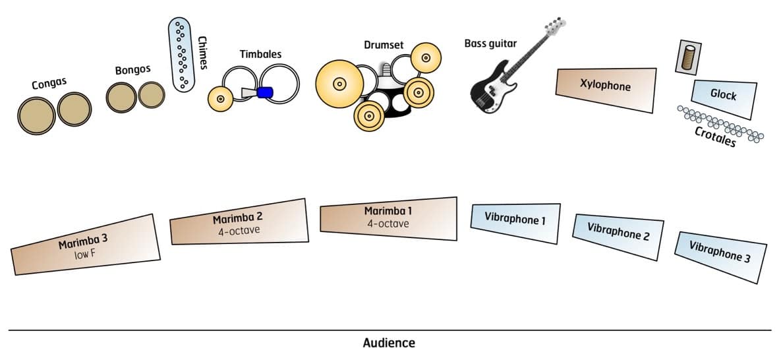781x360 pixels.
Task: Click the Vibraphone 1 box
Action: [x=515, y=219]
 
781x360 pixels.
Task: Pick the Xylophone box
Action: [x=606, y=87]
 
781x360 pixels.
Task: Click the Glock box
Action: [x=724, y=96]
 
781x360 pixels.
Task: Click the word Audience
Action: [x=389, y=343]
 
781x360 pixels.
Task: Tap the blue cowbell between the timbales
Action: [x=265, y=93]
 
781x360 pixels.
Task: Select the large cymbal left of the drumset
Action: [x=339, y=84]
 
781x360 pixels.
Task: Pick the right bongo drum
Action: [x=152, y=96]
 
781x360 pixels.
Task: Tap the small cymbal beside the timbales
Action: [x=219, y=100]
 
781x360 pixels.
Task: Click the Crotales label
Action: [x=715, y=136]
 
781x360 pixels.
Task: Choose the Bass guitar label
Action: [x=490, y=44]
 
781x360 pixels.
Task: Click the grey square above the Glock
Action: [x=688, y=57]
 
